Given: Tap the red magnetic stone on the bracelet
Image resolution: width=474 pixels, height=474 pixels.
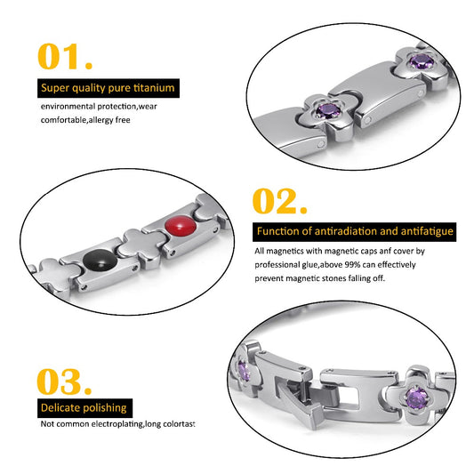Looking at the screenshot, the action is click(x=181, y=226).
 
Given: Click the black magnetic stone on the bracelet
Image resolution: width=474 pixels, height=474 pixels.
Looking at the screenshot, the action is click(x=100, y=261).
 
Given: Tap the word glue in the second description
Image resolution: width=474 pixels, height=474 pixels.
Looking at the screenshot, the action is click(x=310, y=265).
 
